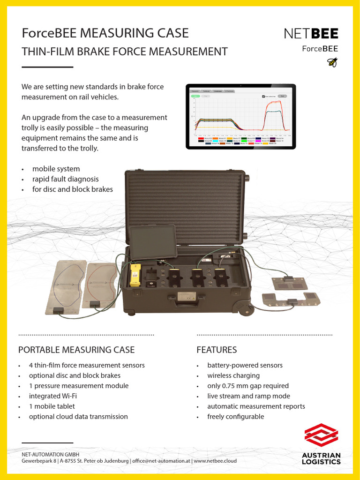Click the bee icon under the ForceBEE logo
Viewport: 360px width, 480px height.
[332, 62]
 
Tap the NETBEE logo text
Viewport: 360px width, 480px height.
[311, 33]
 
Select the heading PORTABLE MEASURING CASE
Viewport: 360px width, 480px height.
[76, 350]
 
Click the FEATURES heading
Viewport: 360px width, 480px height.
[217, 350]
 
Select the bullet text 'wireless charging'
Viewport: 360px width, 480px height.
[233, 375]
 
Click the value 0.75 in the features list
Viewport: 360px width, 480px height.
[231, 386]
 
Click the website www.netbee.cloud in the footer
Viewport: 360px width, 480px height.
[215, 461]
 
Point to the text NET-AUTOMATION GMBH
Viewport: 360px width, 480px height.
[51, 454]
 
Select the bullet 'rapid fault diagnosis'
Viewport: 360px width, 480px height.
[65, 179]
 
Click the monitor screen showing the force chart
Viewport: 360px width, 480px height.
[240, 116]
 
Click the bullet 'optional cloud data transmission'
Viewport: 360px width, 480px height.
[78, 417]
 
